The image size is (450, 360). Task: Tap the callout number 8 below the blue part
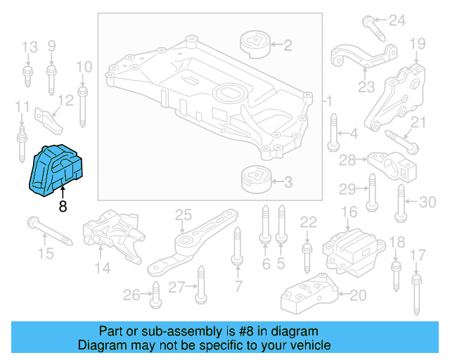(63, 207)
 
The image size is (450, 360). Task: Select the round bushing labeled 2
(256, 43)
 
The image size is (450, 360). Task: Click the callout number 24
(397, 20)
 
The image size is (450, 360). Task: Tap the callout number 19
(418, 44)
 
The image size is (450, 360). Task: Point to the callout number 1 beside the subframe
(328, 103)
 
